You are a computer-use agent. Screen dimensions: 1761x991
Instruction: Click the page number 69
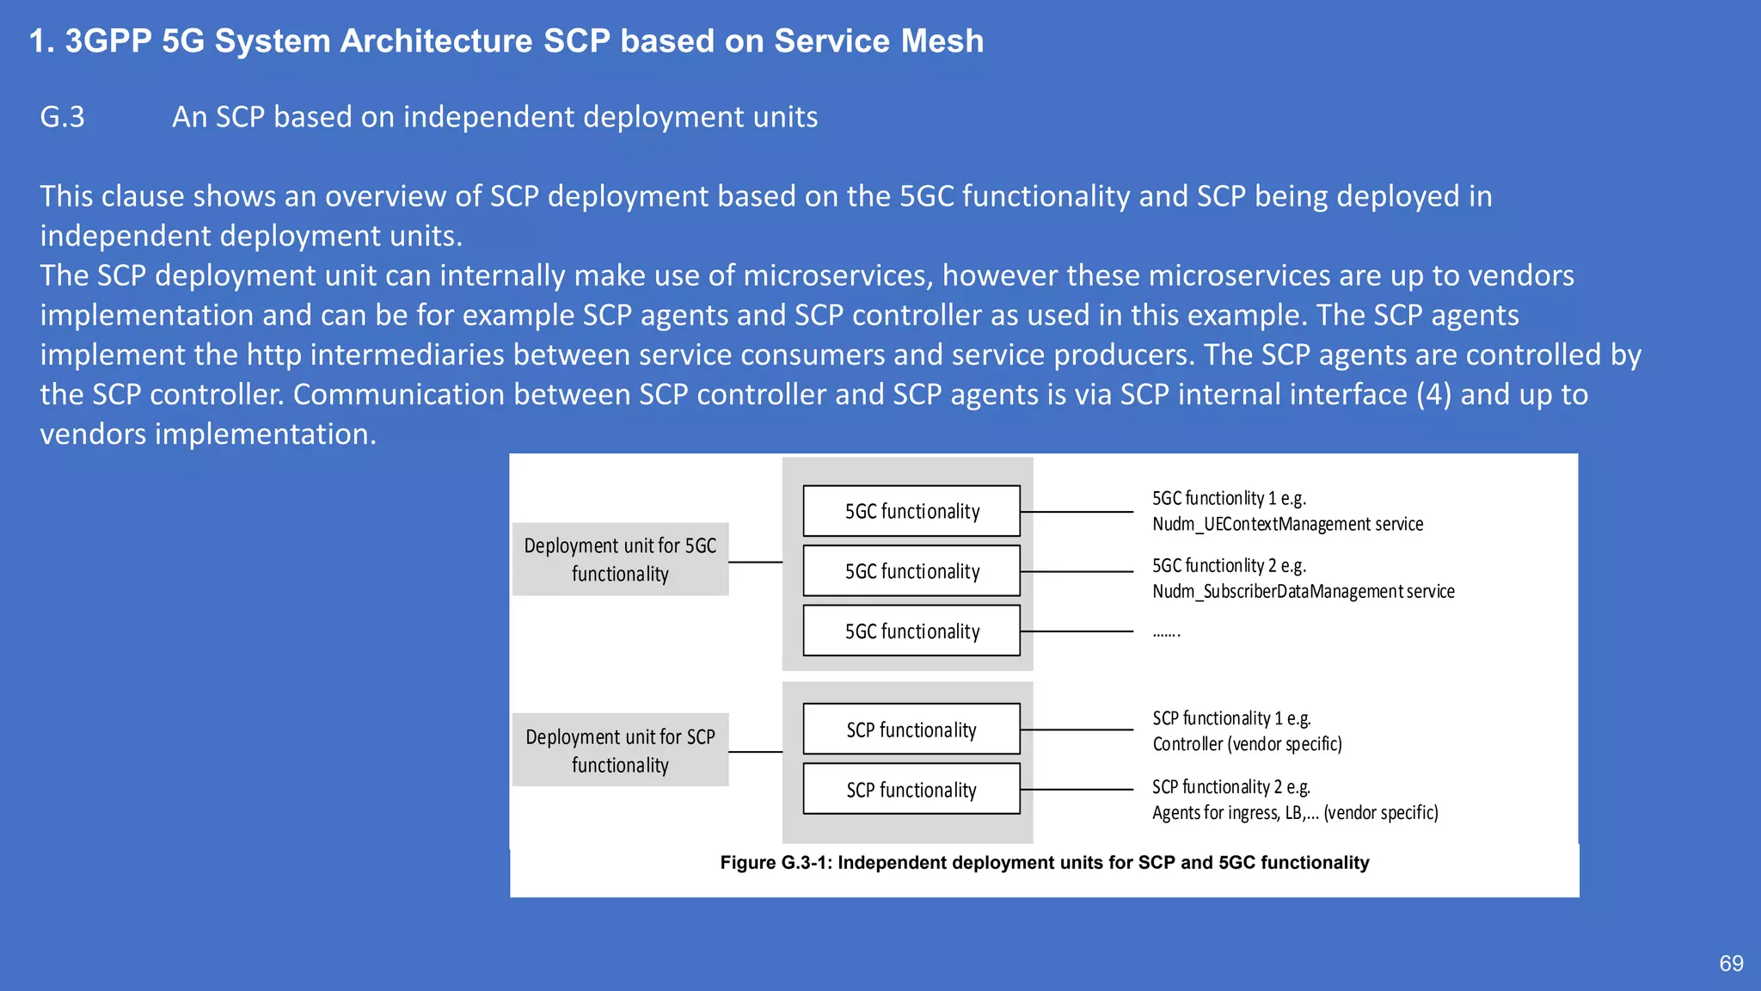(1731, 963)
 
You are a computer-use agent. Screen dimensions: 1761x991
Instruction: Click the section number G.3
(63, 117)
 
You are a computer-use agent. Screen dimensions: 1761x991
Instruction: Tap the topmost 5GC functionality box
(911, 511)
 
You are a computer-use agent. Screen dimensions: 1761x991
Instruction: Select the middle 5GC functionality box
(911, 571)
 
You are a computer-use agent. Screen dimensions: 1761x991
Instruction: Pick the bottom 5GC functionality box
(911, 631)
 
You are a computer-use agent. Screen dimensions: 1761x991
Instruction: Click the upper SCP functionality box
(911, 729)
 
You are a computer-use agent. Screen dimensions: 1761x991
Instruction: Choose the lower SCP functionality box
(911, 789)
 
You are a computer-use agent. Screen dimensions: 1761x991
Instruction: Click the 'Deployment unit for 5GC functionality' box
(620, 559)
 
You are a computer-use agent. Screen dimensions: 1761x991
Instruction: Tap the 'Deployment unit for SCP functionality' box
(620, 750)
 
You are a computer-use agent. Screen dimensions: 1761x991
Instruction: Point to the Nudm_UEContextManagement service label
(1287, 524)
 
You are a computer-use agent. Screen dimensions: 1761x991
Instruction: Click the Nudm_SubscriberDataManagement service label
(1303, 591)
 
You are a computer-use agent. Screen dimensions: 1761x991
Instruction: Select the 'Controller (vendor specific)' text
(1247, 744)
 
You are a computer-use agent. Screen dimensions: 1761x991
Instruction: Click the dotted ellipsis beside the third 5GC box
(1166, 633)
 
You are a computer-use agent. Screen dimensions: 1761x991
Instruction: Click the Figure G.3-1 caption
(1044, 863)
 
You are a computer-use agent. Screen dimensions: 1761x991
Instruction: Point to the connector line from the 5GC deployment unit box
(755, 562)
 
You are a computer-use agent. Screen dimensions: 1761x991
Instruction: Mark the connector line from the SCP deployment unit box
(755, 752)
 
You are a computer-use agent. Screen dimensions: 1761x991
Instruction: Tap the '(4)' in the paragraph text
(1433, 394)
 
